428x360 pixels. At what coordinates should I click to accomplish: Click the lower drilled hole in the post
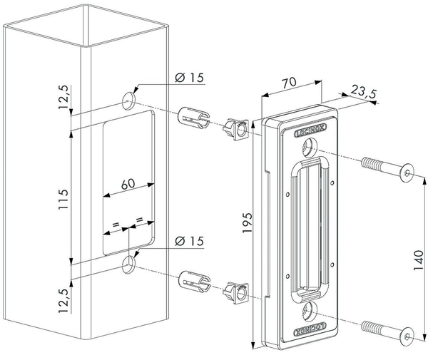click(x=129, y=264)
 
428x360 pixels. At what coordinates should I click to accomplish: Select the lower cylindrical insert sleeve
click(x=193, y=279)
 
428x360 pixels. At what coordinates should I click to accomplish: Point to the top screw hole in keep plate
click(x=310, y=148)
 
